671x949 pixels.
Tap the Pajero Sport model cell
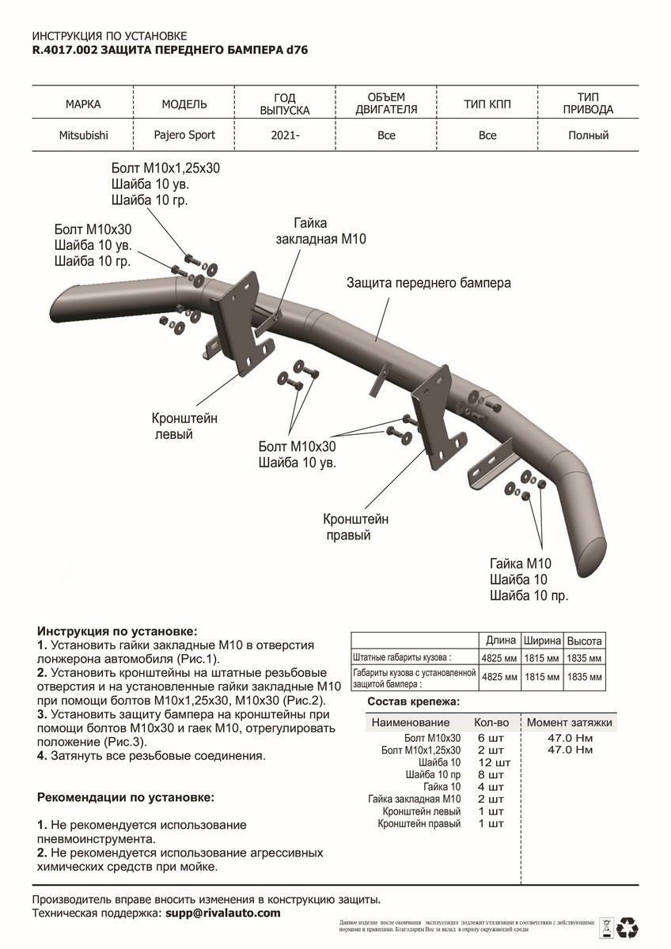tap(184, 134)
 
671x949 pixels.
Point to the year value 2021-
tap(285, 136)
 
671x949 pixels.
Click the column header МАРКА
tap(83, 104)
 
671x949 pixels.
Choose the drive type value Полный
tap(588, 135)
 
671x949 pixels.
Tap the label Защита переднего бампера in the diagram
tap(428, 282)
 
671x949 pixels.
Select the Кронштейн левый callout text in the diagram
tap(184, 425)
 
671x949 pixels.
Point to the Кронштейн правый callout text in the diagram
tap(355, 527)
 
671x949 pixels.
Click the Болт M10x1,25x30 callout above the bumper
tap(165, 169)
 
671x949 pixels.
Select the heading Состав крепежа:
tap(414, 701)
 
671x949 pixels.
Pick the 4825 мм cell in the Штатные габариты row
tap(500, 657)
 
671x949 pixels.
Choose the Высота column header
tap(586, 641)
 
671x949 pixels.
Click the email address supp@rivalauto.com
tap(222, 913)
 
